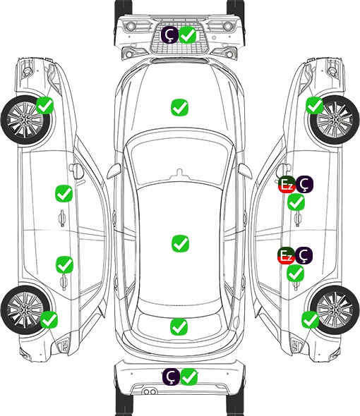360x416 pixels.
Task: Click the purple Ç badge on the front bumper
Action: click(169, 35)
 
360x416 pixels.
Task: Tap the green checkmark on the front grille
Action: click(188, 35)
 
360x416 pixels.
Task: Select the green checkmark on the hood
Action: click(179, 107)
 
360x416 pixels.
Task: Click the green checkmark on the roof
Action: click(180, 243)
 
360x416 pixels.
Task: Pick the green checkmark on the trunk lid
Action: click(179, 326)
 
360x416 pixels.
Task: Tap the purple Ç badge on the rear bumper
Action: click(171, 377)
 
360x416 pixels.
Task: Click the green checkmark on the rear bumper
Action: click(189, 377)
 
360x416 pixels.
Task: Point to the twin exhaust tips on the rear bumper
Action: click(150, 391)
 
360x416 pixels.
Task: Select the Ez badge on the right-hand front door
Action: click(287, 185)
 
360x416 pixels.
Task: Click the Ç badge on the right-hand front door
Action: click(304, 185)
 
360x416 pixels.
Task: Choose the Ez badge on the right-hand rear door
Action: click(286, 255)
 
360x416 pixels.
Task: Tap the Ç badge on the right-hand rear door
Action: click(304, 255)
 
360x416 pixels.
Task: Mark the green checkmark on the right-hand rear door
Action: click(296, 274)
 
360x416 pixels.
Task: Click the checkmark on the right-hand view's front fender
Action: click(315, 106)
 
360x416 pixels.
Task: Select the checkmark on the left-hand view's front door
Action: click(64, 194)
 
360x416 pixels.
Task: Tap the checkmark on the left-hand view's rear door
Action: click(64, 265)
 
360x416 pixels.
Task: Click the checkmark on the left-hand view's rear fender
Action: click(49, 319)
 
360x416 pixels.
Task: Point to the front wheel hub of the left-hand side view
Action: click(25, 120)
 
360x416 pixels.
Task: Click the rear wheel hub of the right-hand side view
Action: click(335, 310)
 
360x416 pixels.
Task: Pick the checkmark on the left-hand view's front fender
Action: click(44, 106)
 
